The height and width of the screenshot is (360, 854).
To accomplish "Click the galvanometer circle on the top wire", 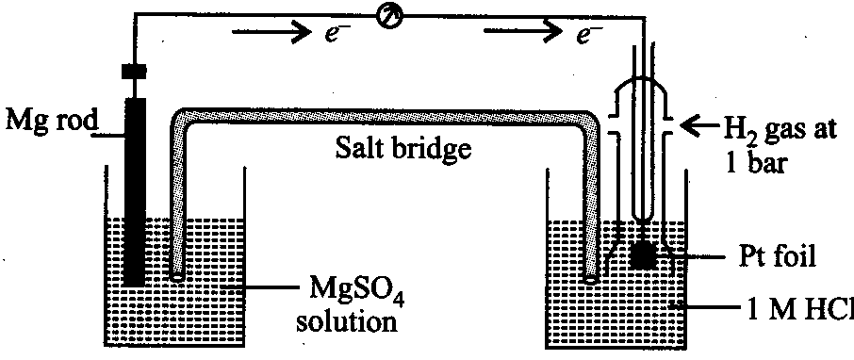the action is tap(390, 17).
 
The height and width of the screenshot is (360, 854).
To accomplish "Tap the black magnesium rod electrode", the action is tap(135, 191).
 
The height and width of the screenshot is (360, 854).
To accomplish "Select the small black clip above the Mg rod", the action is tap(134, 71).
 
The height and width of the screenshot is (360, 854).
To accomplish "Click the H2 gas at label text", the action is tap(778, 131).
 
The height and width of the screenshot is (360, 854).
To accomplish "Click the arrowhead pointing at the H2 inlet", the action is tap(691, 126).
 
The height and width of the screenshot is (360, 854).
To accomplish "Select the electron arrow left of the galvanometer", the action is tap(271, 32).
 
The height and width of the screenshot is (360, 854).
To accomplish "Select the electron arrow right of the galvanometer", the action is tap(523, 33).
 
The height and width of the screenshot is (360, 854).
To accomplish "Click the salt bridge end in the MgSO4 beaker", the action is tap(177, 277).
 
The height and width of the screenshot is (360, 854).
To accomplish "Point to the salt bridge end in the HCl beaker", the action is tap(590, 277).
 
